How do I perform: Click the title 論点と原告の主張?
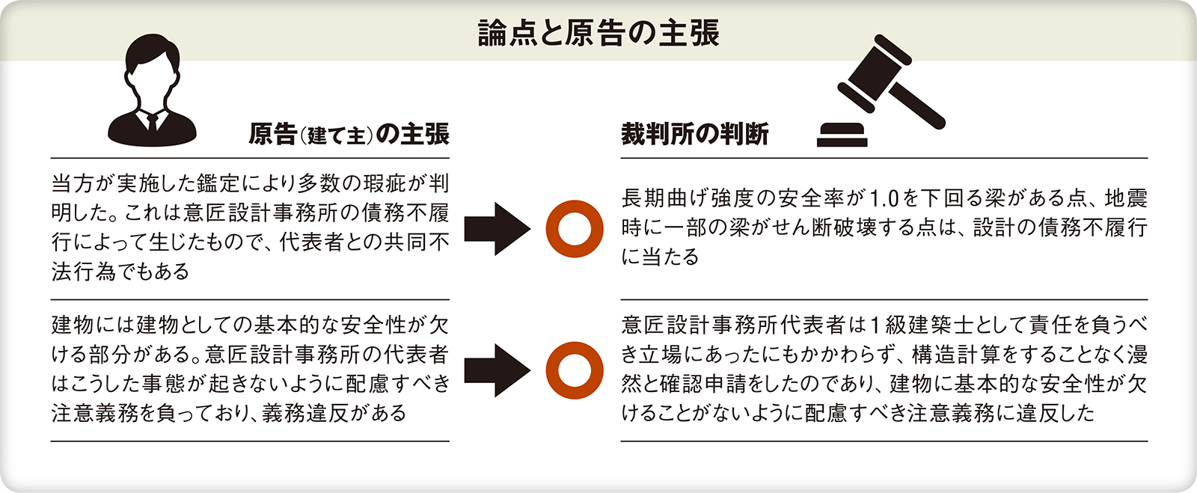coord(598,33)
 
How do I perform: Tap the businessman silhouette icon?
coord(153,91)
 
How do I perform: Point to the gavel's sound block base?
coord(842,135)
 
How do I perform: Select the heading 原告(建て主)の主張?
coord(349,134)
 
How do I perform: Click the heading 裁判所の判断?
coord(694,134)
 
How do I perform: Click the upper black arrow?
coord(496,228)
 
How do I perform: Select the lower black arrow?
coord(496,370)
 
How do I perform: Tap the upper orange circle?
coord(574,228)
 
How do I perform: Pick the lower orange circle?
coord(574,370)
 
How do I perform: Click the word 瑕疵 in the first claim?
coord(385,184)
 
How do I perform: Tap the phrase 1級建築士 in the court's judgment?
coord(912,325)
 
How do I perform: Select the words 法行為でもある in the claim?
coord(120,272)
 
